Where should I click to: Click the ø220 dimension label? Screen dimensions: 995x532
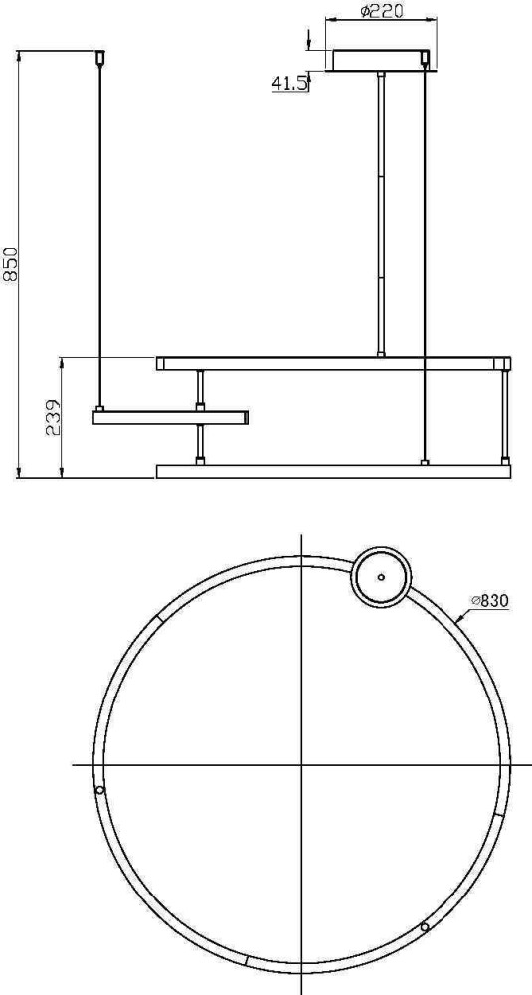[382, 11]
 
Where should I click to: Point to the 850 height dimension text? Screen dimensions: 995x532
[11, 264]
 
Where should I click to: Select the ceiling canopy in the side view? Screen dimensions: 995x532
[383, 60]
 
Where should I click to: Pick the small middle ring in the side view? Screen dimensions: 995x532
[170, 418]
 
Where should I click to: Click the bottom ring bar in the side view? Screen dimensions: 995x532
[333, 471]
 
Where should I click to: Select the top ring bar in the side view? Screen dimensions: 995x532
[333, 363]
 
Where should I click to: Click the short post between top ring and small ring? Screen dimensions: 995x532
[201, 389]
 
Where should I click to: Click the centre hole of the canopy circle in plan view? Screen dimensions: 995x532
[380, 574]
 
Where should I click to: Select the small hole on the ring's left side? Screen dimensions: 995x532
[98, 790]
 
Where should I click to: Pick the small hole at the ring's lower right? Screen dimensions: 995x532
[425, 926]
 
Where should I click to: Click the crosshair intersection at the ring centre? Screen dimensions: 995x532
[300, 765]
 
